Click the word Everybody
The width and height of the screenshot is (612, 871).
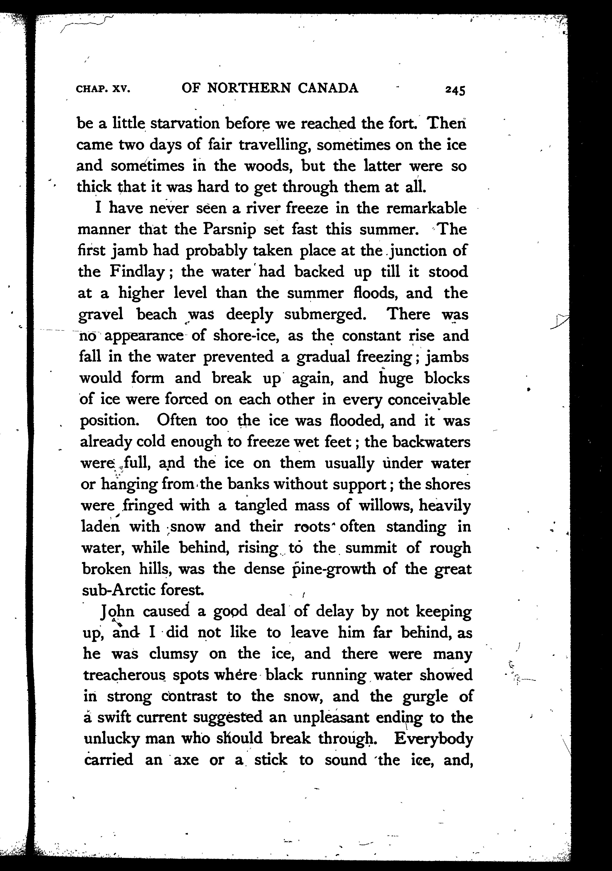(x=433, y=739)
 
